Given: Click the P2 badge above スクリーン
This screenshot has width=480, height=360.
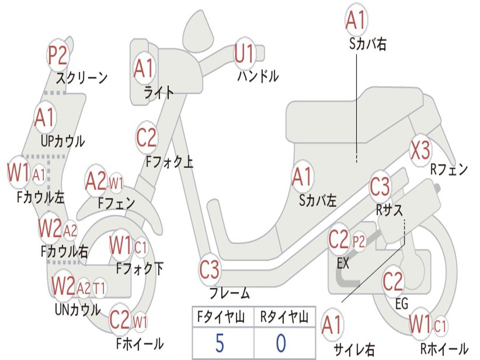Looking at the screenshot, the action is pyautogui.click(x=58, y=55).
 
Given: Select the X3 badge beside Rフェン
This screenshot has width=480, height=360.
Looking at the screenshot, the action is pyautogui.click(x=420, y=150).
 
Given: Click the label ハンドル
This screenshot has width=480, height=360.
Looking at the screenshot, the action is pyautogui.click(x=258, y=75).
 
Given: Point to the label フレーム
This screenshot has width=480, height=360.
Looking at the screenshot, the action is pyautogui.click(x=229, y=294).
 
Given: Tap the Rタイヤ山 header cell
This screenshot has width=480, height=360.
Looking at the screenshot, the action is pyautogui.click(x=284, y=317).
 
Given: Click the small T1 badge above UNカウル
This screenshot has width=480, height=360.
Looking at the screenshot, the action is pyautogui.click(x=99, y=287).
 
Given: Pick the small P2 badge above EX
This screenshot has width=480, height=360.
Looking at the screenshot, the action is pyautogui.click(x=359, y=241).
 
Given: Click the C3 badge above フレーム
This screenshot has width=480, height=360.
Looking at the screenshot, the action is pyautogui.click(x=209, y=270).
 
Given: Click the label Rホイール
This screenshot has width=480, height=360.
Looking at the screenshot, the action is pyautogui.click(x=444, y=348).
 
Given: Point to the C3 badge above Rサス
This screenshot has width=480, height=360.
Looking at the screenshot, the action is pyautogui.click(x=380, y=187).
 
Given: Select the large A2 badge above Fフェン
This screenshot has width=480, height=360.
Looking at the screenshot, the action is pyautogui.click(x=96, y=181).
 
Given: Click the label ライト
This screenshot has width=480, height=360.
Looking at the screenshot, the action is pyautogui.click(x=158, y=92).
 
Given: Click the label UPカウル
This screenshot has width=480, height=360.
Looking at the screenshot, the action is pyautogui.click(x=62, y=141).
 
